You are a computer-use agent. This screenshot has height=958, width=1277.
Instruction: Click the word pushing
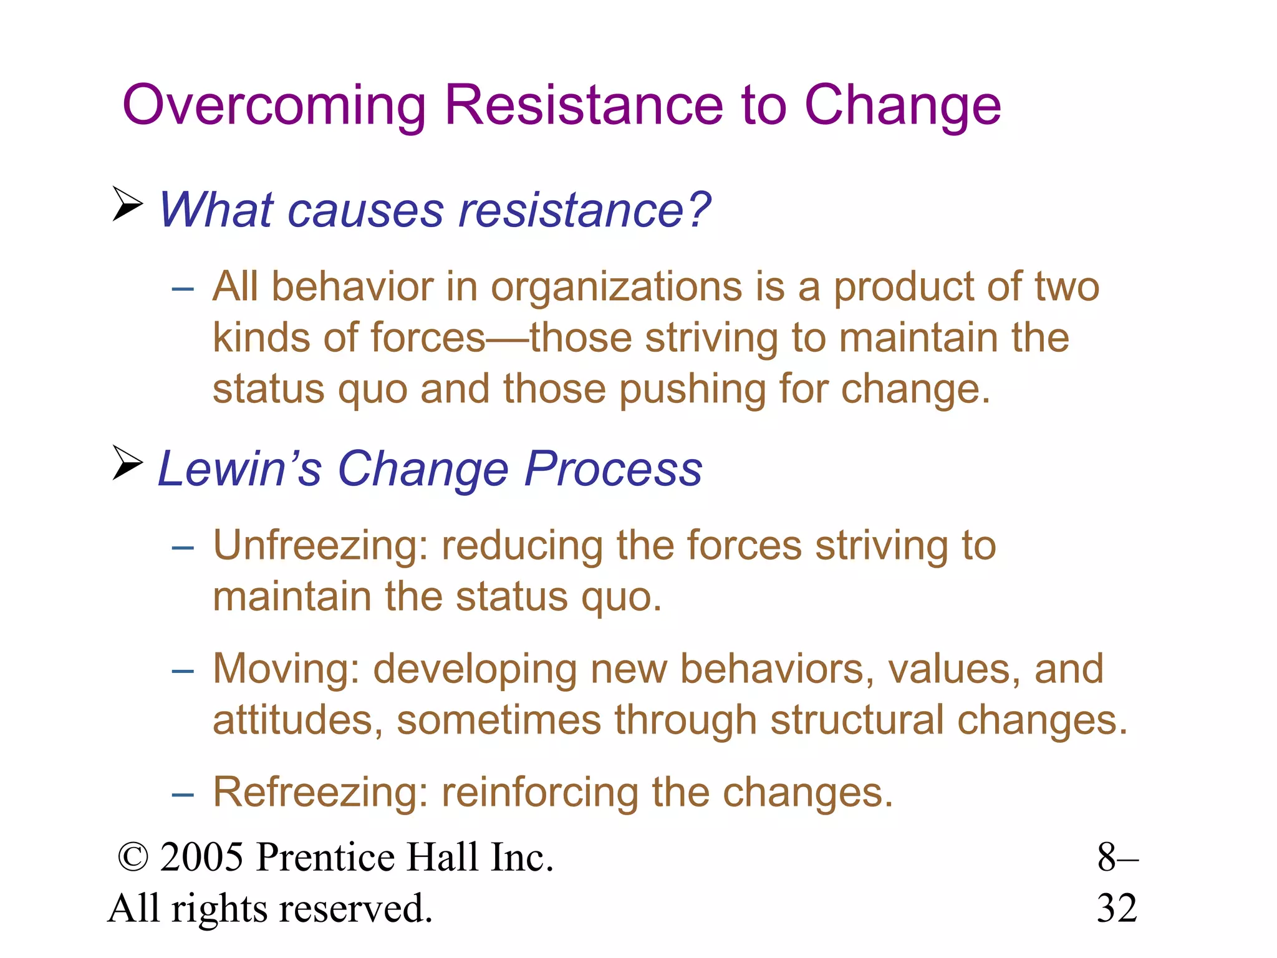coord(692,389)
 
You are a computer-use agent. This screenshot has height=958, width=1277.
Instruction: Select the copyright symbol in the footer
coord(133,858)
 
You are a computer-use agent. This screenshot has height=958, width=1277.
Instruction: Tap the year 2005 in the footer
coord(201,857)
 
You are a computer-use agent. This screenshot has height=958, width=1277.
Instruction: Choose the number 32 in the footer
coord(1117,908)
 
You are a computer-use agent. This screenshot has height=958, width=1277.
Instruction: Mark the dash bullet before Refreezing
coord(183,795)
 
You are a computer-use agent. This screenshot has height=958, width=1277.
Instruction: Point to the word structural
coord(857,720)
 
